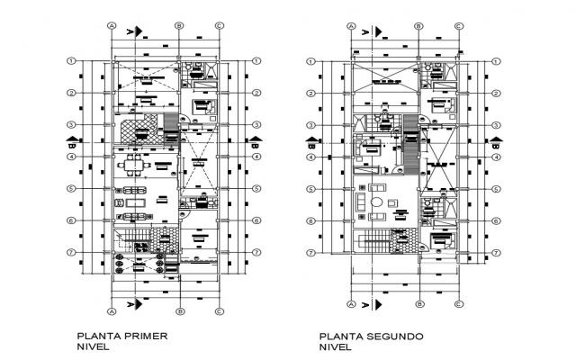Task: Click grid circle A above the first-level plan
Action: (x=112, y=26)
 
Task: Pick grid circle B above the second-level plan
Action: (x=418, y=26)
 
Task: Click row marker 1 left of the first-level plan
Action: (x=70, y=61)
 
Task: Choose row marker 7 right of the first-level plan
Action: (x=257, y=253)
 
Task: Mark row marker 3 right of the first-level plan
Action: (x=257, y=124)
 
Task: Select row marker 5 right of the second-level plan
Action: (x=496, y=189)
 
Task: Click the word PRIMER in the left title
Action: (x=148, y=336)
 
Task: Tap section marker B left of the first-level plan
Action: (x=72, y=140)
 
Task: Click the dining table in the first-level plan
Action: (x=135, y=164)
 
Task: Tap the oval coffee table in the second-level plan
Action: (x=377, y=202)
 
